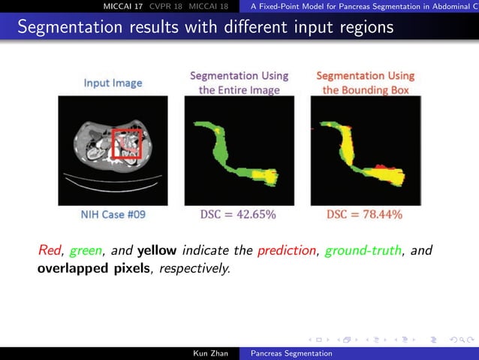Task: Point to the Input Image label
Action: coord(113,83)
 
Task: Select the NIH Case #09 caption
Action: coord(113,215)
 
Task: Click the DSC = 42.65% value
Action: coord(238,215)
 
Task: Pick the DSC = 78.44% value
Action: coord(364,215)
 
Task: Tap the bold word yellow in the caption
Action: coord(158,250)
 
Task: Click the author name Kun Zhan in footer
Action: coord(210,352)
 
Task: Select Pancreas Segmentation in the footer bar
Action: coord(292,352)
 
